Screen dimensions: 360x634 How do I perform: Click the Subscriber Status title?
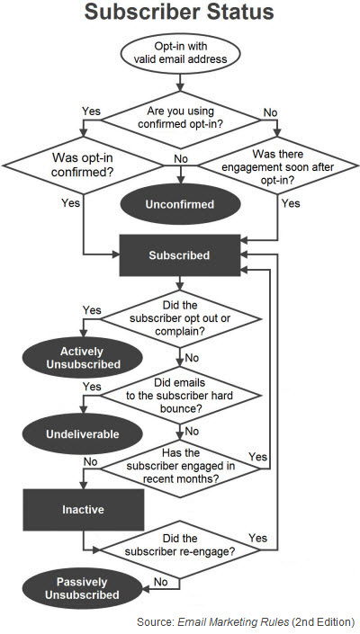179,12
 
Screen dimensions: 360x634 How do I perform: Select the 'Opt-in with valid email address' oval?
180,53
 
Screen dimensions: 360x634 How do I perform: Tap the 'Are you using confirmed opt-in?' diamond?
180,120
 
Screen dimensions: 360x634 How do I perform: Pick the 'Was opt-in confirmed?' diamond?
83,165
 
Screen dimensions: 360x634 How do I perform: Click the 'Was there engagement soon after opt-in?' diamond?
277,165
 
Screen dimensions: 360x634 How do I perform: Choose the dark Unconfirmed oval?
180,204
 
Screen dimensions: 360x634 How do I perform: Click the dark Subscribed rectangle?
180,255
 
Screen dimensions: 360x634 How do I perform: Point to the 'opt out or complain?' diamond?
180,318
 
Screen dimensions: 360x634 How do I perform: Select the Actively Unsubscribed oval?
83,358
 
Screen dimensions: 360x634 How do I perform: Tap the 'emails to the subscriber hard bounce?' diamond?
180,395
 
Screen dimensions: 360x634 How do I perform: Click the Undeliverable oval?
83,434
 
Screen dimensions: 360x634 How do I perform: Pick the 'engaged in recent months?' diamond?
180,469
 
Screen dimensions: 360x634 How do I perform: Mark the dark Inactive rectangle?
84,510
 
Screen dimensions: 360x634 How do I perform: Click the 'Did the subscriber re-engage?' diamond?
180,549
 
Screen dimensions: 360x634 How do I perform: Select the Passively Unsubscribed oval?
82,588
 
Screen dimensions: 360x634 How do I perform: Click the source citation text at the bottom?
246,621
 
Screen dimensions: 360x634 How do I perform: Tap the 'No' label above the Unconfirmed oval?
181,159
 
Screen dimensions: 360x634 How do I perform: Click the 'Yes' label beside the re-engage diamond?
257,538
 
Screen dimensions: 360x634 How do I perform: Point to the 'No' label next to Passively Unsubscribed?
160,582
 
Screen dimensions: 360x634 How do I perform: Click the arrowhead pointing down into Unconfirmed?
180,181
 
